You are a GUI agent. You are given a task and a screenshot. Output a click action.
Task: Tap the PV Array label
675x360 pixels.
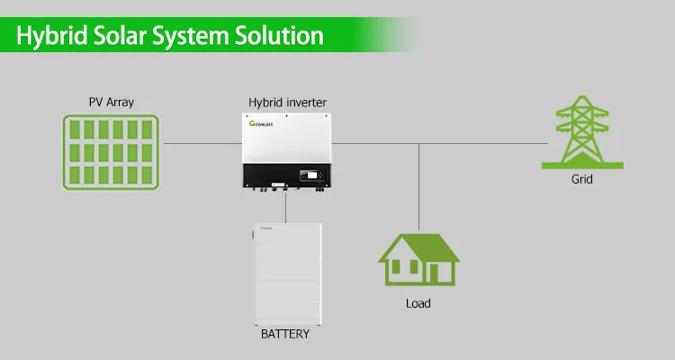112,102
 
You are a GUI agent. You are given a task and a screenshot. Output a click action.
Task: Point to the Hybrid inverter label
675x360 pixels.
288,102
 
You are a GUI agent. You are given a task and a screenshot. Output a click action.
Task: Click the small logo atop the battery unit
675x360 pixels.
267,229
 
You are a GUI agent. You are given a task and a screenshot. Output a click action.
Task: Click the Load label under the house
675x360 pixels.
418,303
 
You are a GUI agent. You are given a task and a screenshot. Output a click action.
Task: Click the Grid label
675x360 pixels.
582,180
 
